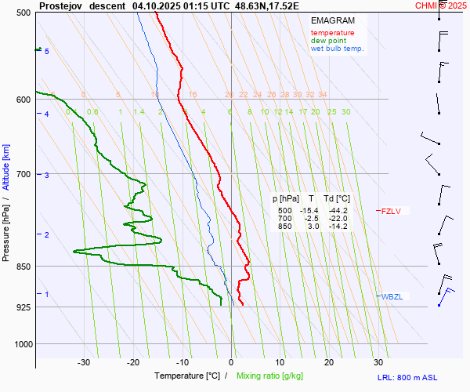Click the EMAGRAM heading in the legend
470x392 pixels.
point(332,20)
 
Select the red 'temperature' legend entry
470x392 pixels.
point(332,33)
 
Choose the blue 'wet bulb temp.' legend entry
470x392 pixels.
point(337,49)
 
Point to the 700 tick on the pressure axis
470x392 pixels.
point(23,174)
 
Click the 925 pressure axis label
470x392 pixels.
point(23,307)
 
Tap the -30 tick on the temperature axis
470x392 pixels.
point(84,362)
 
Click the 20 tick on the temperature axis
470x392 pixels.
point(329,362)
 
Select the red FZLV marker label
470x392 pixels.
point(390,211)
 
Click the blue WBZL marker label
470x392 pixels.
point(391,296)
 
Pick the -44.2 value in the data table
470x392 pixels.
point(338,211)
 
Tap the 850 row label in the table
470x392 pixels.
point(284,227)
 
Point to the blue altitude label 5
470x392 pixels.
point(47,52)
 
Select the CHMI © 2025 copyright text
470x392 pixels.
point(441,5)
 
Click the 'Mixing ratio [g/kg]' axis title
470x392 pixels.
point(272,376)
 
